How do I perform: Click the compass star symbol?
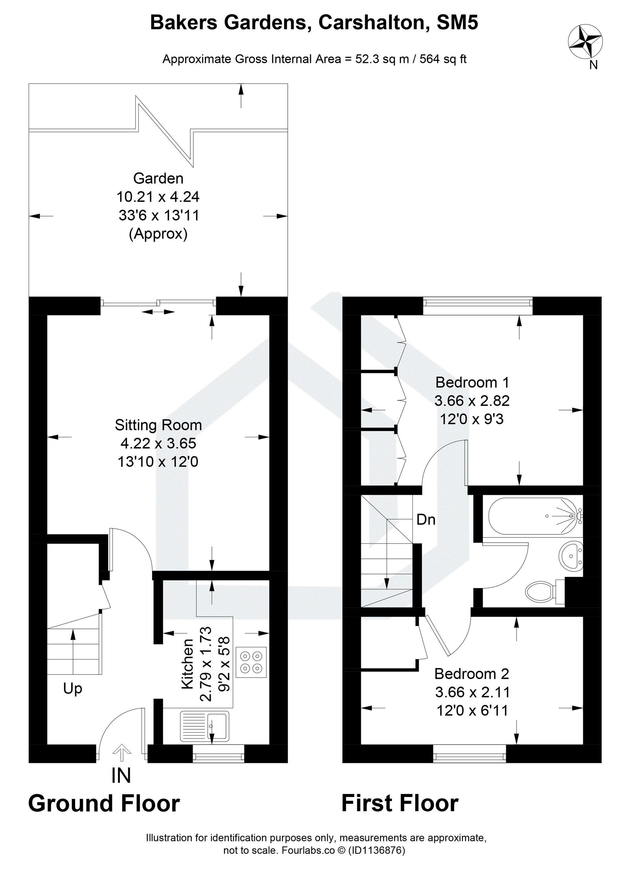click(586, 41)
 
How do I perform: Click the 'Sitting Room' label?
click(158, 425)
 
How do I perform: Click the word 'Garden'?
click(158, 178)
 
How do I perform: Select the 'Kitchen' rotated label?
click(188, 663)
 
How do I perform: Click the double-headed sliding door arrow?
click(158, 312)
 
